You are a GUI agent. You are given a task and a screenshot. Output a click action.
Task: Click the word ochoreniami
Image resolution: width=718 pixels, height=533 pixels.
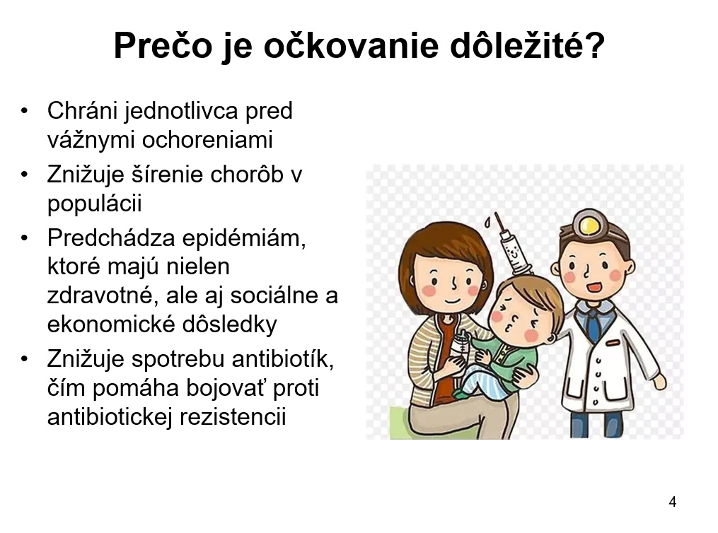tap(207, 139)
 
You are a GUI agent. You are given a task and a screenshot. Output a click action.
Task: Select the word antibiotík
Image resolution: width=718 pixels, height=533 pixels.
tap(282, 359)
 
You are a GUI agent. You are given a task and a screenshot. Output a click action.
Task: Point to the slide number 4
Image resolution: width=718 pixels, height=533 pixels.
tap(672, 502)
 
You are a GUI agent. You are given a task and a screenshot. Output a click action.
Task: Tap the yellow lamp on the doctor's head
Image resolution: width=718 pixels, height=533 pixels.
tap(589, 225)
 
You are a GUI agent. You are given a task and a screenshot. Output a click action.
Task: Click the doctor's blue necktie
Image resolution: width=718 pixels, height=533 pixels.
tap(593, 325)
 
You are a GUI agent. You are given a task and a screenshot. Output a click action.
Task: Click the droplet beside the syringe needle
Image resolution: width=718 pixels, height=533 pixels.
tap(487, 222)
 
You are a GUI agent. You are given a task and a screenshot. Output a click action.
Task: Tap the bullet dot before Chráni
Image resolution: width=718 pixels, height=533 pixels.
tap(24, 111)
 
